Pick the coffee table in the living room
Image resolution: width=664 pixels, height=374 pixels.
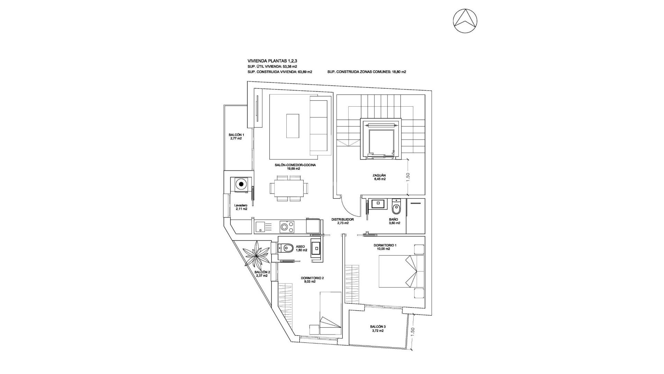coord(293,126)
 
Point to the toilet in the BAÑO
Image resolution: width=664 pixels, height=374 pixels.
coord(396,208)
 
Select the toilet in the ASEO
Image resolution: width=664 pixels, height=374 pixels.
coord(287,248)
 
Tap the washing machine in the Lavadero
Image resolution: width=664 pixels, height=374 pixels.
coord(241,184)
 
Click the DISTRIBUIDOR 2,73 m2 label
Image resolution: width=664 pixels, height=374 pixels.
coord(342,221)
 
